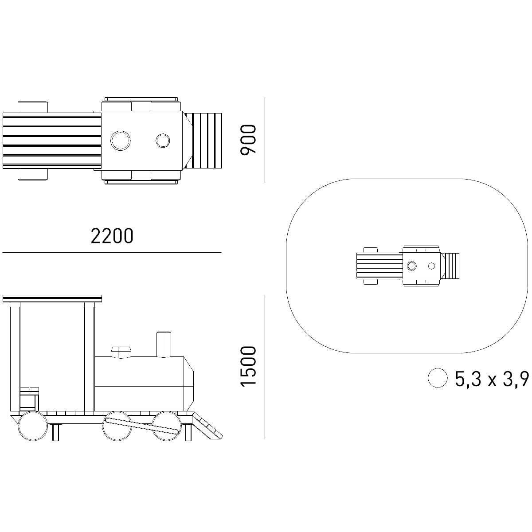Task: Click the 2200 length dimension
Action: [112, 236]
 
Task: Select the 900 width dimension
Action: [248, 140]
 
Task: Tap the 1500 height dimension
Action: [248, 367]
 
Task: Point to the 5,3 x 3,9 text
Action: [492, 379]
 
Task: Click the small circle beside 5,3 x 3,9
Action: [438, 378]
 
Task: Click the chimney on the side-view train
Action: [164, 344]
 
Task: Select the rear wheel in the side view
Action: [33, 426]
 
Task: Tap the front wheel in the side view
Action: [167, 426]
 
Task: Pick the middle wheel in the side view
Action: [117, 426]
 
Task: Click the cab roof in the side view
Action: [52, 298]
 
